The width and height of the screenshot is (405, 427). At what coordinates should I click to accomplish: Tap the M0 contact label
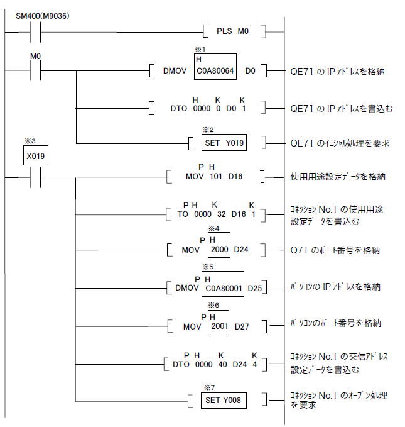[x=36, y=57]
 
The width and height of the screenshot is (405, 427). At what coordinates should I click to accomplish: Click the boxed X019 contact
[x=36, y=157]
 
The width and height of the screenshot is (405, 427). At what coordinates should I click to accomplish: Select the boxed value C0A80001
[x=223, y=287]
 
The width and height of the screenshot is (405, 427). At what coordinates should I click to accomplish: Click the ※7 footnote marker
[x=210, y=385]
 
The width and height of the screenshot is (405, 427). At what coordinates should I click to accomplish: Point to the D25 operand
[x=256, y=291]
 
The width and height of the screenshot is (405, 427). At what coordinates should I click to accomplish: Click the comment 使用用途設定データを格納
[x=338, y=177]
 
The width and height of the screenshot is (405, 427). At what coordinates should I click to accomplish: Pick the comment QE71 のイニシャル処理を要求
[x=340, y=143]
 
